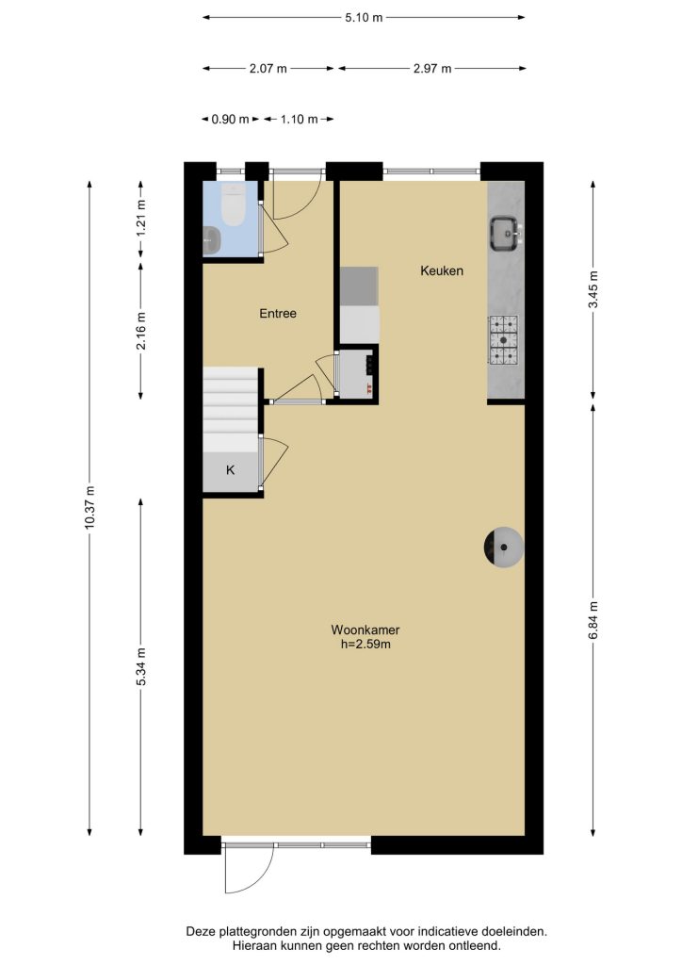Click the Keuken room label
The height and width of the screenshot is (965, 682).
point(442,270)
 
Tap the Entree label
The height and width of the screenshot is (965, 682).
point(278,313)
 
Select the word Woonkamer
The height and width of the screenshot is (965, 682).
point(365,630)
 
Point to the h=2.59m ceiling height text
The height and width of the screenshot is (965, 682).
point(365,645)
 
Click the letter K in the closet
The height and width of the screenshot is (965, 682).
point(231,470)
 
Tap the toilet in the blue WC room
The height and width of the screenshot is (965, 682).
point(233,204)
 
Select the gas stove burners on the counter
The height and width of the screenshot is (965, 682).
point(504,339)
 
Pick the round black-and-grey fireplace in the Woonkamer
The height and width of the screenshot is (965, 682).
point(504,547)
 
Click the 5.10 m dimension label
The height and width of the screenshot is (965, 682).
point(364,18)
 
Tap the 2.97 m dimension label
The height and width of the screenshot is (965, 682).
point(432,68)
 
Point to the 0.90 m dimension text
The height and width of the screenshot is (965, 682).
point(231,120)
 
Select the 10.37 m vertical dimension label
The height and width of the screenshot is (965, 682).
point(90,507)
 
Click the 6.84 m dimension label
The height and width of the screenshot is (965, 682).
point(593,620)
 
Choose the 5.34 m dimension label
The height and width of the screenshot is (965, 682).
point(141,666)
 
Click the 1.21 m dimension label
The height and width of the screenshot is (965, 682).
point(141,219)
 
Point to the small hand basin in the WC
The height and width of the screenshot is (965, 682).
point(211,239)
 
